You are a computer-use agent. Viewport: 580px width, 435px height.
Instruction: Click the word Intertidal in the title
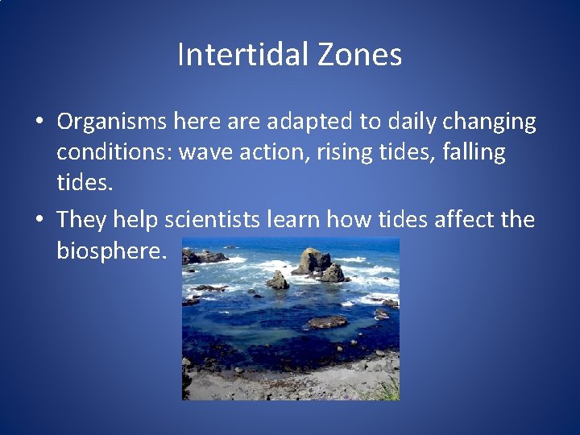pos(239,55)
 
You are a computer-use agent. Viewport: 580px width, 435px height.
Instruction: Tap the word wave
pos(206,152)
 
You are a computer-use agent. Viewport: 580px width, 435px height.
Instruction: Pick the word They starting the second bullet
pos(82,219)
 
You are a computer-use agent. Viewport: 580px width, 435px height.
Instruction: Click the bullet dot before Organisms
pos(39,122)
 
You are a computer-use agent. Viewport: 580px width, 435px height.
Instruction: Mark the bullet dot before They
pos(39,220)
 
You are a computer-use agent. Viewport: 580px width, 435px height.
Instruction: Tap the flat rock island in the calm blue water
pos(327,322)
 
